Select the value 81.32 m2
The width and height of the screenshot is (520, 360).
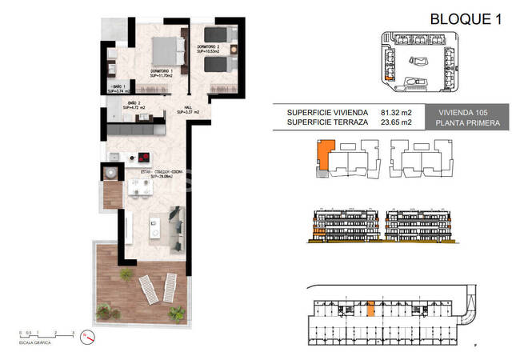[x=396, y=113]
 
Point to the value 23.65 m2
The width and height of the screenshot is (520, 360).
[x=396, y=123]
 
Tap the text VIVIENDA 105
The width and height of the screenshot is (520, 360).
[x=470, y=113]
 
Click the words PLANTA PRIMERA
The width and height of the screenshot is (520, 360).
[x=470, y=123]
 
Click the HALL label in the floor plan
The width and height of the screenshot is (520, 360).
[x=186, y=109]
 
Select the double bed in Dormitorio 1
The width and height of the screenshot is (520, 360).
[x=166, y=50]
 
